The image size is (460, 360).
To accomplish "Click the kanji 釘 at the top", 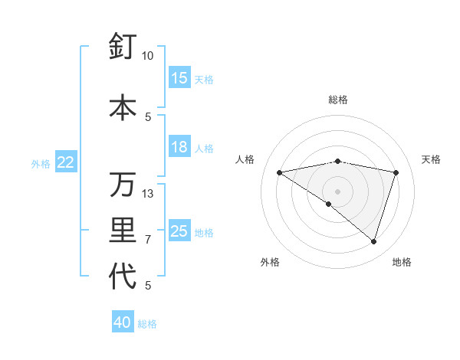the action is click(123, 47).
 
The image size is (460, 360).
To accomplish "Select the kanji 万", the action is click(123, 185).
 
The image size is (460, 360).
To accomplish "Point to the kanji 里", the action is click(123, 231).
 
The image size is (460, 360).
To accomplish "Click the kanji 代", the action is click(123, 277).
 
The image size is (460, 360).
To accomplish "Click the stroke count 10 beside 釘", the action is click(148, 56).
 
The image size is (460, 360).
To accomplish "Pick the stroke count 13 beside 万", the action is click(148, 194).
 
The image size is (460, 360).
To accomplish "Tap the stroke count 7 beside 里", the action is click(148, 240).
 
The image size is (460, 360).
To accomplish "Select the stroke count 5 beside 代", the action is click(148, 286).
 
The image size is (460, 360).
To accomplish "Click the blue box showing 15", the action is click(179, 78).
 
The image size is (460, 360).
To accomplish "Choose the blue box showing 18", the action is click(179, 147).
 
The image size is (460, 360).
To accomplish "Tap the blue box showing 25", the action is click(179, 231).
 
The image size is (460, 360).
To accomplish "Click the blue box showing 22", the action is click(66, 162).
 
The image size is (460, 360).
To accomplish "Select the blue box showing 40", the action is click(123, 322).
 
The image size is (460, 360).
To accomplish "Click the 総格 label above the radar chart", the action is click(337, 100).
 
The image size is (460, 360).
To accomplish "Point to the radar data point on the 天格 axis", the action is click(396, 172).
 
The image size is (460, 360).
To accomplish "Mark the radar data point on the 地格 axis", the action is click(373, 241).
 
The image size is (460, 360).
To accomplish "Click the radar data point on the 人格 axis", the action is click(279, 172).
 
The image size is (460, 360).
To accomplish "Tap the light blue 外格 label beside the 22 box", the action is click(40, 163).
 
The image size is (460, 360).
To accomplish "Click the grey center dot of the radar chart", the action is click(337, 191).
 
